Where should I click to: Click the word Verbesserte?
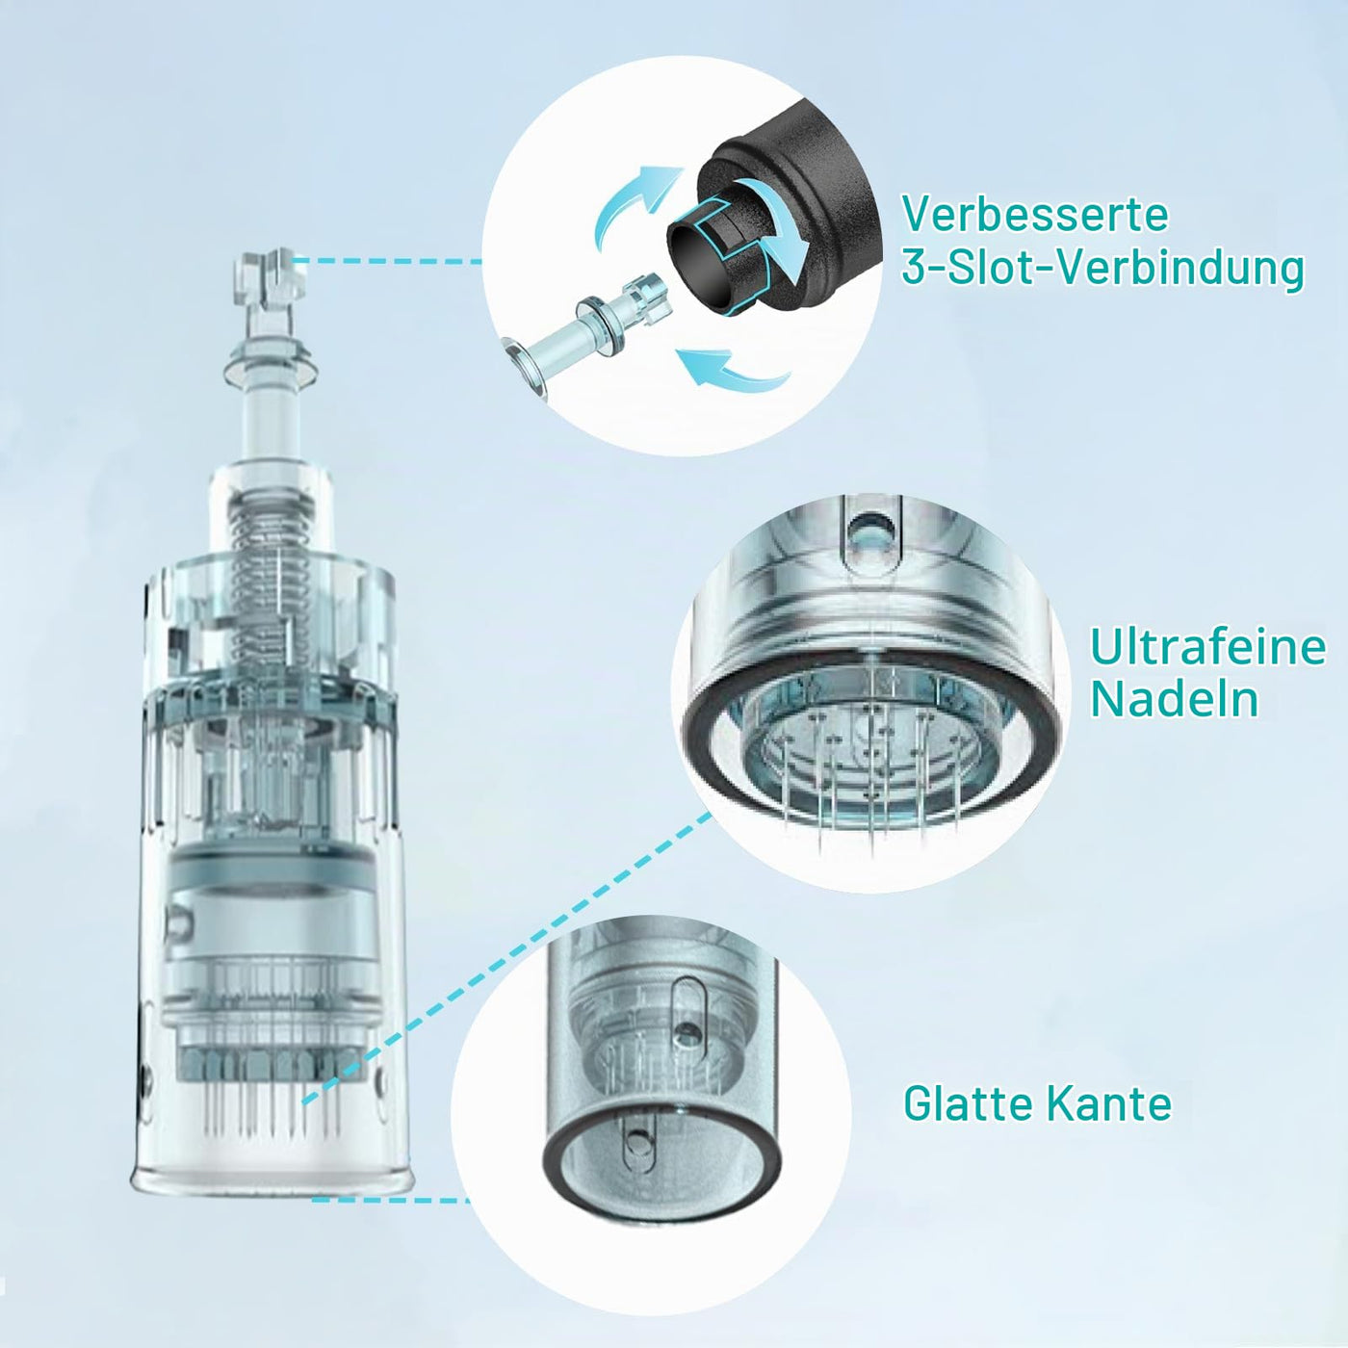(1035, 214)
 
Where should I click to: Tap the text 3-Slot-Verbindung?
(1102, 268)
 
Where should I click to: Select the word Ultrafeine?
(1208, 648)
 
